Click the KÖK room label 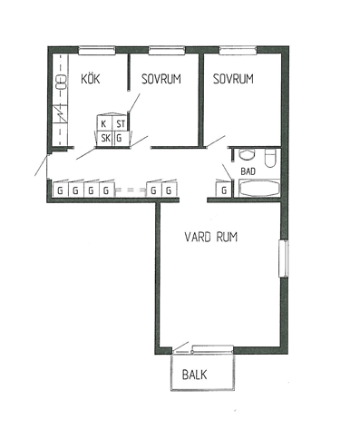tap(91, 79)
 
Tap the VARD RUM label tap(211, 237)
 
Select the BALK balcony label tap(195, 375)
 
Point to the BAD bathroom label tap(248, 171)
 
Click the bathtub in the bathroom tap(259, 189)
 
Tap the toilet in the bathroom tap(270, 158)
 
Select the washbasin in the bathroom tap(248, 154)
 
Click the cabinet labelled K tap(104, 123)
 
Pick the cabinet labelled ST tap(121, 123)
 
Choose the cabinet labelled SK tap(105, 139)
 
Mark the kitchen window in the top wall tap(97, 50)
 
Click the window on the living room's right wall tap(284, 259)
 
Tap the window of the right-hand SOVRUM tap(238, 50)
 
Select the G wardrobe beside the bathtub tap(224, 190)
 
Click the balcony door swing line tap(180, 346)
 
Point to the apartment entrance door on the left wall tap(42, 165)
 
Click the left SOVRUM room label tap(161, 79)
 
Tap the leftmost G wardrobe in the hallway tap(61, 190)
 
